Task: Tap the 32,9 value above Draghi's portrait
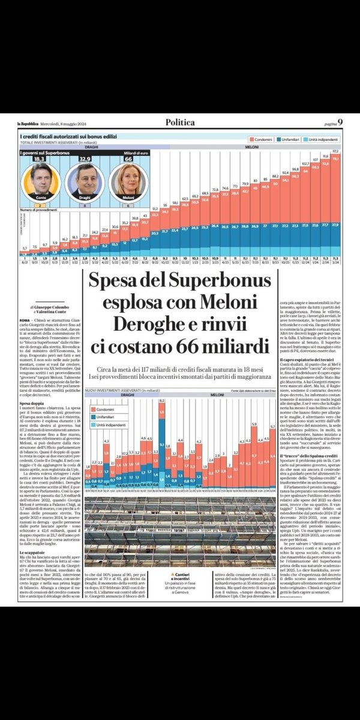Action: pos(83,160)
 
